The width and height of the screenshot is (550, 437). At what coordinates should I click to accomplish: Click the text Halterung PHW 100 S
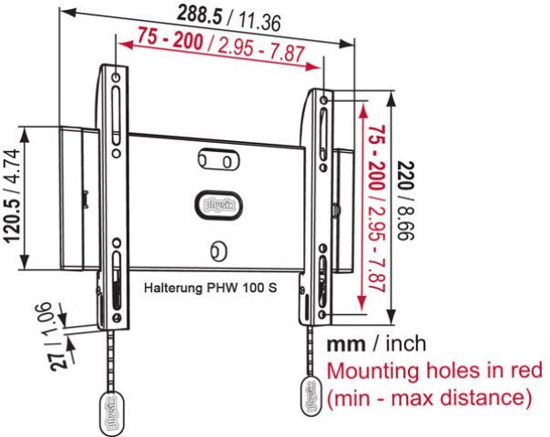[211, 285]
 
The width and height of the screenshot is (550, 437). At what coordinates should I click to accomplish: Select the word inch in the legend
[405, 345]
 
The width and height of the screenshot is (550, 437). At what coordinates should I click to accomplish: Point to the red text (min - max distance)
[429, 398]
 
